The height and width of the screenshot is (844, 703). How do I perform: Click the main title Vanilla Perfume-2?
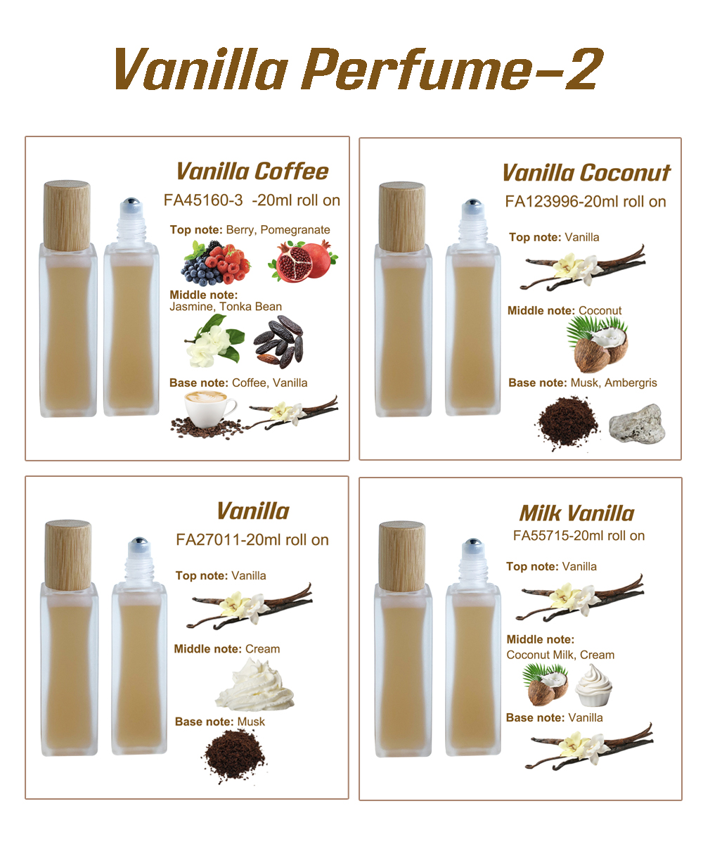[355, 70]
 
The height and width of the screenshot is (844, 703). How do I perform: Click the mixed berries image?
[217, 263]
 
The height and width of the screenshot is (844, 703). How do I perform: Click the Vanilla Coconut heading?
[586, 173]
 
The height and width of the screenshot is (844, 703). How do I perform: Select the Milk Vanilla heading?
[576, 513]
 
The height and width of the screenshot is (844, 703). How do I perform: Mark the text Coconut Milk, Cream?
[560, 655]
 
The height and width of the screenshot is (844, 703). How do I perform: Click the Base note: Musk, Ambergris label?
[583, 383]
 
